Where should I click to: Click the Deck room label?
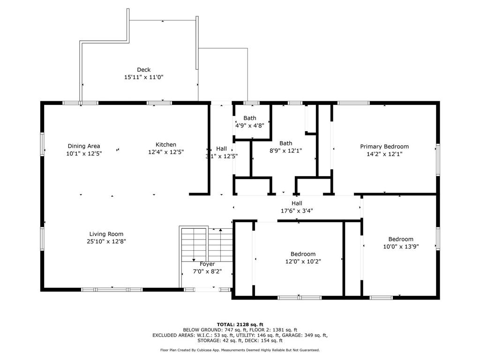point(143,70)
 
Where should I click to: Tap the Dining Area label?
point(84,146)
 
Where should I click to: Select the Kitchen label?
point(166,145)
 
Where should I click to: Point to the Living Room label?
point(106,234)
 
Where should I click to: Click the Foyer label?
point(207,264)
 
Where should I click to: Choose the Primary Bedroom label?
point(384,147)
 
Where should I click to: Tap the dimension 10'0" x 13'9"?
point(401,247)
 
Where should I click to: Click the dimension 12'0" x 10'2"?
point(303,262)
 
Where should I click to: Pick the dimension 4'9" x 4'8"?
point(250,126)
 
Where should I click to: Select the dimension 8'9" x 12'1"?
point(285,150)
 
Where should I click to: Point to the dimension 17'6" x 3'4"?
point(297,210)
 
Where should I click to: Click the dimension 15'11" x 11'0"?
point(143,77)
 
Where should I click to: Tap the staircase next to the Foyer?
point(207,244)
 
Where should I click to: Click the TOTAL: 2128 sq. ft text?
point(240,324)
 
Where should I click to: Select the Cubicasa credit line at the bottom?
point(240,350)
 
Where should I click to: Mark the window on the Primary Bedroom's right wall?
point(438,160)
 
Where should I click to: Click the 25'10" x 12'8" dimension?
point(106,241)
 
